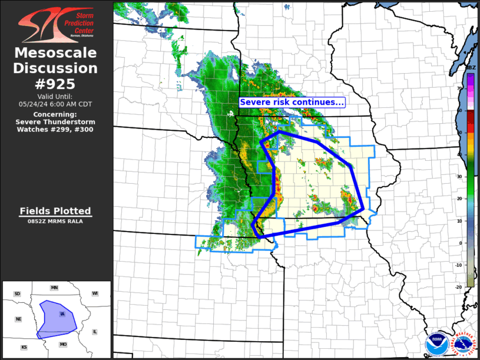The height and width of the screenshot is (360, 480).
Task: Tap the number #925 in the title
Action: pyautogui.click(x=55, y=83)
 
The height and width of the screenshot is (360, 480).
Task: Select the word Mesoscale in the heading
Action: pyautogui.click(x=55, y=53)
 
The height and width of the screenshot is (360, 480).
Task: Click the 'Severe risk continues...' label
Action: pyautogui.click(x=292, y=102)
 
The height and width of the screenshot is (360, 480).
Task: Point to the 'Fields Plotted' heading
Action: pyautogui.click(x=55, y=211)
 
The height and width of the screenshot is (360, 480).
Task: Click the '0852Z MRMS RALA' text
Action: pyautogui.click(x=55, y=222)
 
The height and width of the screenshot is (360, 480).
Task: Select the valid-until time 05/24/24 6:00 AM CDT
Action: pyautogui.click(x=55, y=104)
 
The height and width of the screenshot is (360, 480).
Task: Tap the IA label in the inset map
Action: pyautogui.click(x=62, y=313)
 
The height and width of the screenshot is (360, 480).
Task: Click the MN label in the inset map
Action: pyautogui.click(x=54, y=288)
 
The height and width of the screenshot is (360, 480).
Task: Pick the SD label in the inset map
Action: pyautogui.click(x=17, y=293)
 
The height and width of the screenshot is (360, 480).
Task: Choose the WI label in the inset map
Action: pyautogui.click(x=95, y=293)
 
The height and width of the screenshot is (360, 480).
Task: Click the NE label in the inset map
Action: pyautogui.click(x=18, y=319)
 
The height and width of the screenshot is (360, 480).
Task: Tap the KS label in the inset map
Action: pyautogui.click(x=24, y=347)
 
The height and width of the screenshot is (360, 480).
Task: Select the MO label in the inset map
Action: pyautogui.click(x=63, y=344)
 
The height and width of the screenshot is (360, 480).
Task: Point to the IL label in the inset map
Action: pyautogui.click(x=94, y=332)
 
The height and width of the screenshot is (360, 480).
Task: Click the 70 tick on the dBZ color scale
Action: pyautogui.click(x=459, y=88)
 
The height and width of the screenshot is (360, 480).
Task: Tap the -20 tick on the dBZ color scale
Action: pyautogui.click(x=459, y=286)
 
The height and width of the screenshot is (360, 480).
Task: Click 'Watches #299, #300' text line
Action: pyautogui.click(x=55, y=129)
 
